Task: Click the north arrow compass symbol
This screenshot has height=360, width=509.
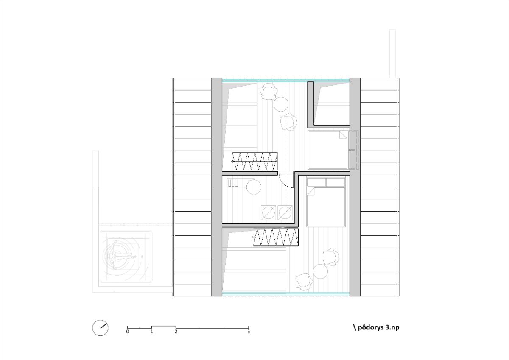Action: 100,328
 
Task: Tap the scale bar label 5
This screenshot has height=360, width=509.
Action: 249,332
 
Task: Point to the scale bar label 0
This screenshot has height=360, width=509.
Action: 128,332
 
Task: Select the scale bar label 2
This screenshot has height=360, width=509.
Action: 176,332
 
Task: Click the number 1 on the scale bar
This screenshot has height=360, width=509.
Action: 151,332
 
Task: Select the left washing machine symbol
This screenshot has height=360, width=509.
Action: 268,213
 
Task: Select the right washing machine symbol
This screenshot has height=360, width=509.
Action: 285,213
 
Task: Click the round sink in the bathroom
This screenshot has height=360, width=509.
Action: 254,187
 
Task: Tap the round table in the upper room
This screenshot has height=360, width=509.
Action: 281,104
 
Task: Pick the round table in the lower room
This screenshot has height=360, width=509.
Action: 320,271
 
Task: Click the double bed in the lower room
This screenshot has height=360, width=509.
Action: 326,202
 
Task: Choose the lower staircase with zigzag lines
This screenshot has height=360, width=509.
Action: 276,237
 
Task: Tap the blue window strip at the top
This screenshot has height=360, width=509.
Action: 285,80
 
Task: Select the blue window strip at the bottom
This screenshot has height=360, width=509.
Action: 285,294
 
